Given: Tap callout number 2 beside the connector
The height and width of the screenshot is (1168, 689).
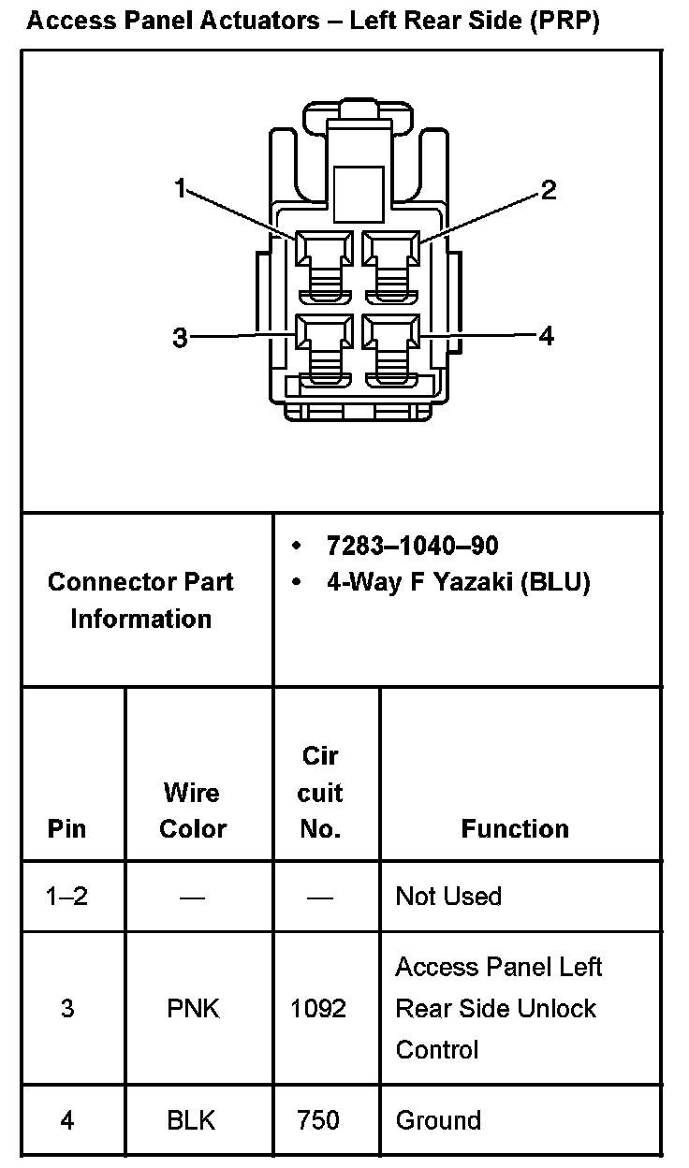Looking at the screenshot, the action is coord(549,190).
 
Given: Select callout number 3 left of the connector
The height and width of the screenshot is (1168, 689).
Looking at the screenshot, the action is coord(180,338).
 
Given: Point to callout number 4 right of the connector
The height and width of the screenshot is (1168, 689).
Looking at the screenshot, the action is coord(547,335).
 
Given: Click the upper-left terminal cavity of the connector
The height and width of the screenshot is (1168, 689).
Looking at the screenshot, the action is coord(324,250).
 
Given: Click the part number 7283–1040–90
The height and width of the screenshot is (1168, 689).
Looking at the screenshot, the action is coord(412,546).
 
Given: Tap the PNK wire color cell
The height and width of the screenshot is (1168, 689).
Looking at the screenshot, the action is coord(193,1009).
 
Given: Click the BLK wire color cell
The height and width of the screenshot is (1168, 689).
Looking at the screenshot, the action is coord(191,1120).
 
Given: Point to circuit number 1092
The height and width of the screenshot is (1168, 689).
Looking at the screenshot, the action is coord(318,1009).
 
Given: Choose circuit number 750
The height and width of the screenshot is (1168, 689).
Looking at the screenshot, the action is coord(318,1120).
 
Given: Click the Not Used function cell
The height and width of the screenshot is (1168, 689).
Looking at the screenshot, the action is coord(448,897).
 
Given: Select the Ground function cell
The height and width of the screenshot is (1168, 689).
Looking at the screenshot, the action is coord(438,1120).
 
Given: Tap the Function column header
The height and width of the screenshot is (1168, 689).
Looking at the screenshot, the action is coord(515,829).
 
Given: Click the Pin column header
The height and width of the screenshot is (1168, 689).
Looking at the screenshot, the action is coord(66,829).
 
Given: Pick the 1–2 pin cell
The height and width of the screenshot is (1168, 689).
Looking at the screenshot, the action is coord(66,897).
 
